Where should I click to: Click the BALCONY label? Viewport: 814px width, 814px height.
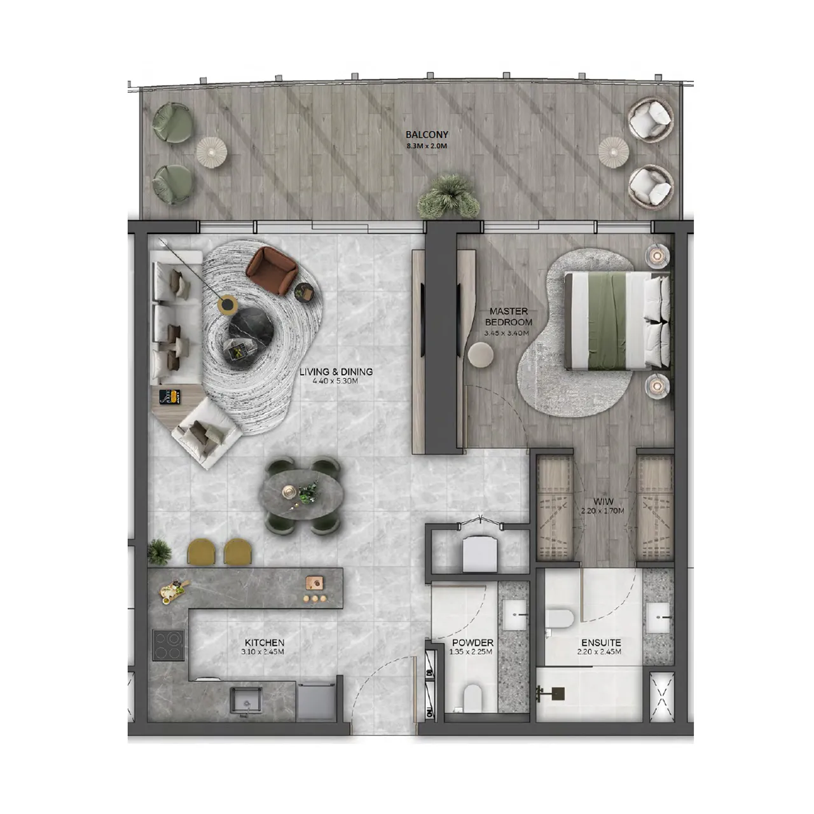(x=427, y=135)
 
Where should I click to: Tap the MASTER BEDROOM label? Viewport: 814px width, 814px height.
(x=508, y=317)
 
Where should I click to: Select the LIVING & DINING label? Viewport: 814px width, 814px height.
(x=336, y=372)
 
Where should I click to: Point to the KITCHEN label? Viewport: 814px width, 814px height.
(x=264, y=643)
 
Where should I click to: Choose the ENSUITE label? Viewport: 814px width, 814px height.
(x=600, y=643)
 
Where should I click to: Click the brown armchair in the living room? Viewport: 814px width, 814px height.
(x=272, y=270)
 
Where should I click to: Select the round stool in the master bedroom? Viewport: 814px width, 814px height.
(x=480, y=355)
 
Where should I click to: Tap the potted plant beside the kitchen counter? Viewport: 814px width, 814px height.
(x=159, y=551)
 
